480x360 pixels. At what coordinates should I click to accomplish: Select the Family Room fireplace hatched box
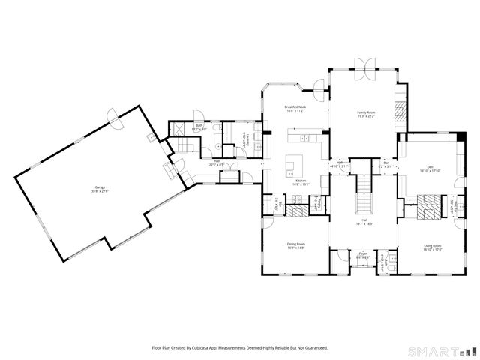[400, 112]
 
